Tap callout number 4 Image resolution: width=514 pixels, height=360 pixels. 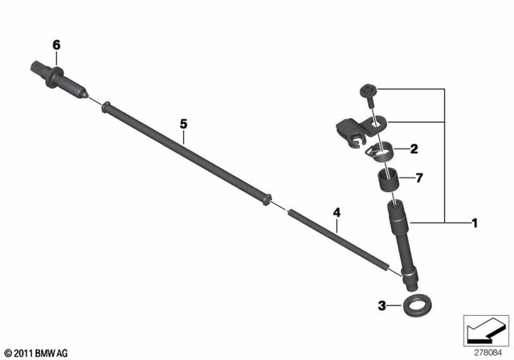point(337,212)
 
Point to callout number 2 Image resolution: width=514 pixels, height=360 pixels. point(414,148)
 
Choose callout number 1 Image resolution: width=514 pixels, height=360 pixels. point(474,221)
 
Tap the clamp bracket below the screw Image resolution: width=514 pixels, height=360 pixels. point(353,129)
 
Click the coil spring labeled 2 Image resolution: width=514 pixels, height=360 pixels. point(382,149)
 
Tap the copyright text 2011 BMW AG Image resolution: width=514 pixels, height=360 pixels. point(36,352)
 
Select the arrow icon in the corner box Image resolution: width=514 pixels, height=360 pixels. point(486,329)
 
